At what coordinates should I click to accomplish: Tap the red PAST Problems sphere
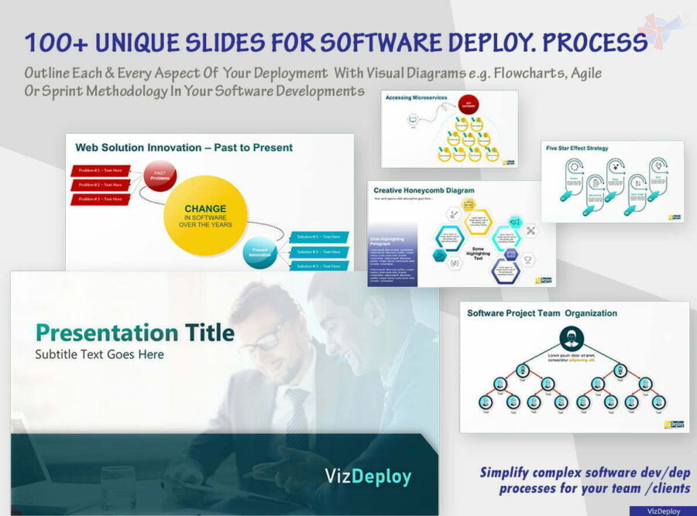pos(160,176)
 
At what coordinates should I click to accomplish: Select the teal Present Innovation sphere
pos(259,252)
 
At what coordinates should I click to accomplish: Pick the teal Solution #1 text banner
pos(320,237)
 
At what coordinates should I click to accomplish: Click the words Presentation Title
pos(135,333)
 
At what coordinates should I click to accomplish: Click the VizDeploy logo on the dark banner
pos(369,476)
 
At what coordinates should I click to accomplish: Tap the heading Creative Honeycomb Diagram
pos(424,190)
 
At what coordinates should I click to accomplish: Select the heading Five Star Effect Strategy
pos(577,148)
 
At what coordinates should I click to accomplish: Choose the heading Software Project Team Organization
pos(542,313)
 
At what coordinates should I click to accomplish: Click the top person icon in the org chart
pos(571,338)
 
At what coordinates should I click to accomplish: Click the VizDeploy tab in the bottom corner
pos(661,511)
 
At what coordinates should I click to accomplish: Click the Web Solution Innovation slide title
pos(184,147)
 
